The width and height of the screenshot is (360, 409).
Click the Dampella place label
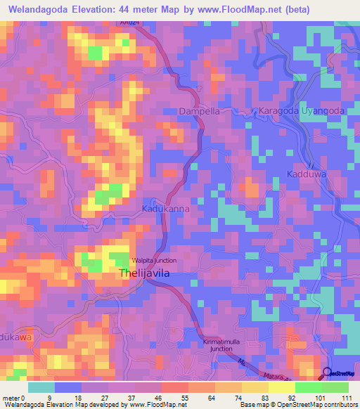tap(200, 111)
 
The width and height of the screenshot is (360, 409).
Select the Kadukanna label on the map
tap(164, 209)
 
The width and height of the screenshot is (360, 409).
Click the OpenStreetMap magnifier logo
tap(328, 373)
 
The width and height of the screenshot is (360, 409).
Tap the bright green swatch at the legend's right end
tap(335, 387)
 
